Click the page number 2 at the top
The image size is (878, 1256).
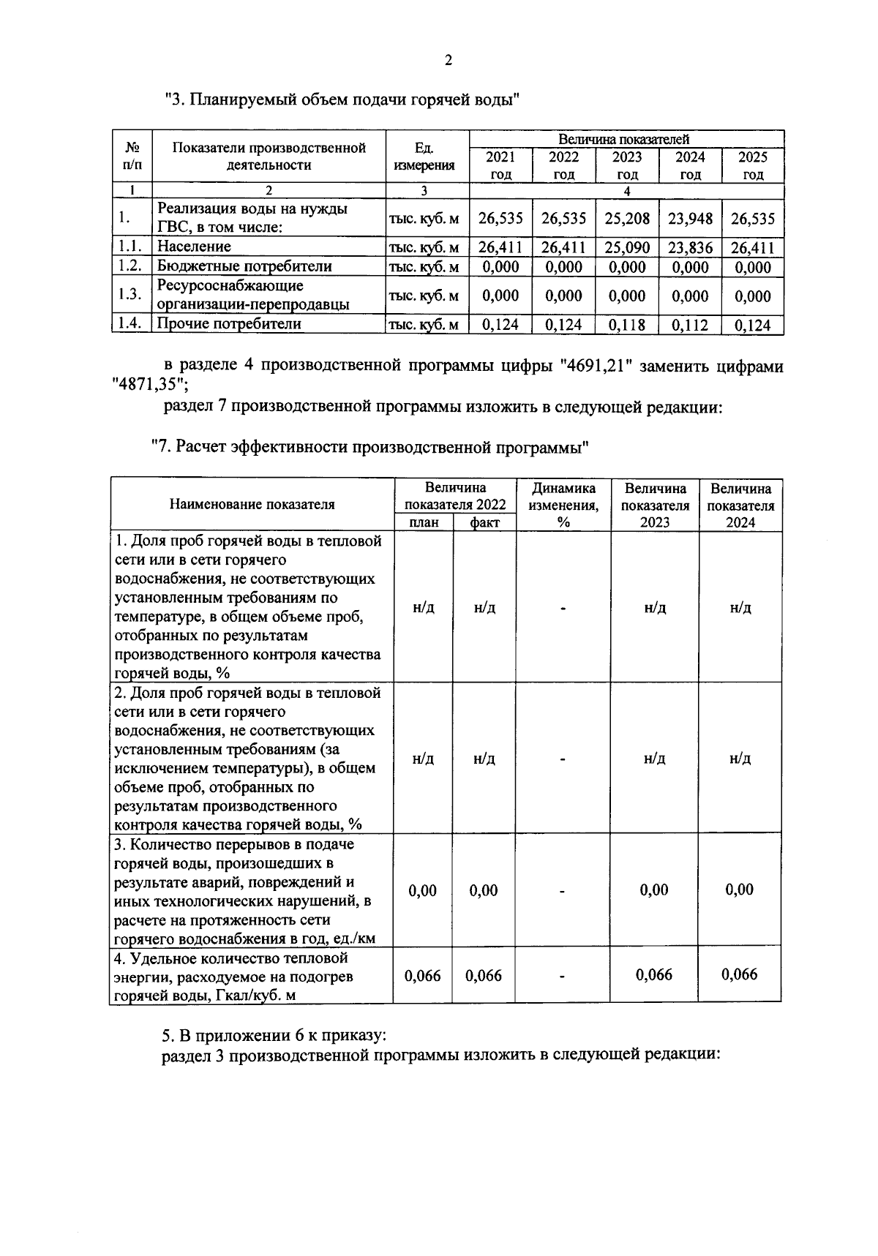(x=448, y=61)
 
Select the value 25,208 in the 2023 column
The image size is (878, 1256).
(x=627, y=218)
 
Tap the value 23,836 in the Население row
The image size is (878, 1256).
(x=690, y=247)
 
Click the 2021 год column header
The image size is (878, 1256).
(x=501, y=165)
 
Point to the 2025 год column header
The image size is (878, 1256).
(x=753, y=165)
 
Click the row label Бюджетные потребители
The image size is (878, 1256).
(x=245, y=266)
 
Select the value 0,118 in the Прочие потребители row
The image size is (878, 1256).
(x=627, y=325)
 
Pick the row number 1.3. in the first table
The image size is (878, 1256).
(x=130, y=295)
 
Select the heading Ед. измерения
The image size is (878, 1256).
(x=424, y=157)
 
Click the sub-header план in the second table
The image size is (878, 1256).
(x=423, y=522)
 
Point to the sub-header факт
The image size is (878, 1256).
(x=484, y=522)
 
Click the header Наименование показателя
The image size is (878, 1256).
(x=252, y=504)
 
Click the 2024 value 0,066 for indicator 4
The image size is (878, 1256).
(x=740, y=974)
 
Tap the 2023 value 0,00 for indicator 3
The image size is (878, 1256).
(x=654, y=890)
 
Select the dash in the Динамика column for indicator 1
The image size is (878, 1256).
(x=563, y=609)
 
